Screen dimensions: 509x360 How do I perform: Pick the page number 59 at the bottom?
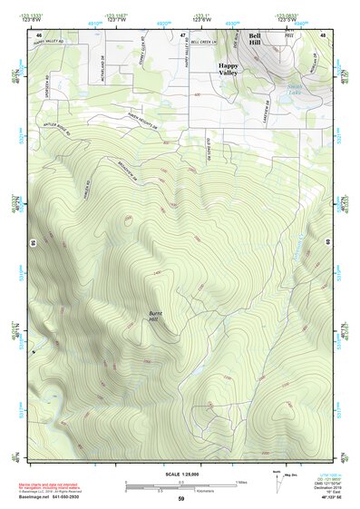180,499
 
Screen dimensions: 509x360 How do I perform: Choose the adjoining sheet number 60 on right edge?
328,243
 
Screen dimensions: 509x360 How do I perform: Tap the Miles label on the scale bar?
241,482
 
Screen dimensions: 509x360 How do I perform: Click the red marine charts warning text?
54,487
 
